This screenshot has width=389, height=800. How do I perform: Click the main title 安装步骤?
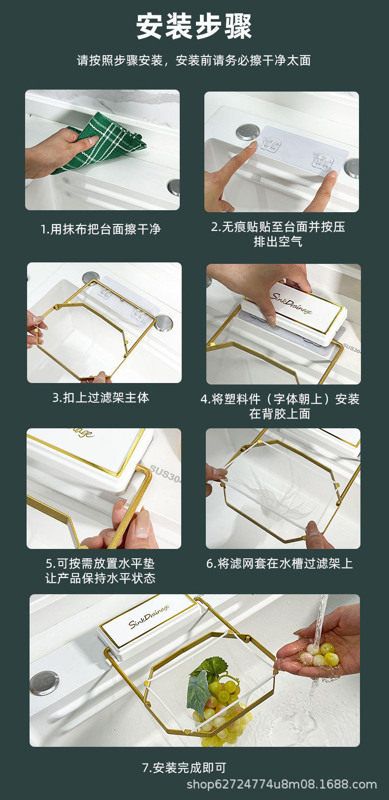(x=194, y=27)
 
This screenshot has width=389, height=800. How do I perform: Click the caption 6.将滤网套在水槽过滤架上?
(x=280, y=563)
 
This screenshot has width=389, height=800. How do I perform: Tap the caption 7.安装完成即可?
(x=184, y=768)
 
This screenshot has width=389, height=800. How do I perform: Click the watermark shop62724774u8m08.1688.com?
(x=282, y=784)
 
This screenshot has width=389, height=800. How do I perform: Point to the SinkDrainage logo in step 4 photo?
(x=291, y=304)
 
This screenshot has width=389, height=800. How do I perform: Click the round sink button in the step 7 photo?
(x=44, y=682)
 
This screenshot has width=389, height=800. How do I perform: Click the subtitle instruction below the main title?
(x=194, y=61)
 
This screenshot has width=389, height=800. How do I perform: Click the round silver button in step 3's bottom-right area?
(x=164, y=322)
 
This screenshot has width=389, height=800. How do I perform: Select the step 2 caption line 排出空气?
(x=278, y=242)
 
